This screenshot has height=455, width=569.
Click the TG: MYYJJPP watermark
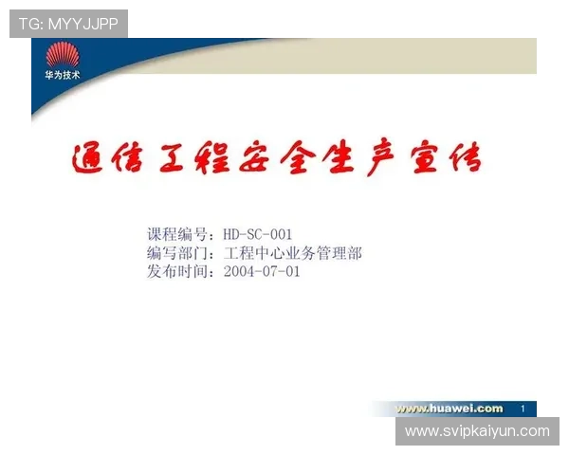click(x=68, y=24)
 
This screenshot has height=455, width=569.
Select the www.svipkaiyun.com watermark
click(x=477, y=431)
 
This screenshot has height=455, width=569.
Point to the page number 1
click(x=523, y=409)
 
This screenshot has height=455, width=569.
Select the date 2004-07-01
click(x=262, y=271)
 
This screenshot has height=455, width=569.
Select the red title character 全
click(x=314, y=158)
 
